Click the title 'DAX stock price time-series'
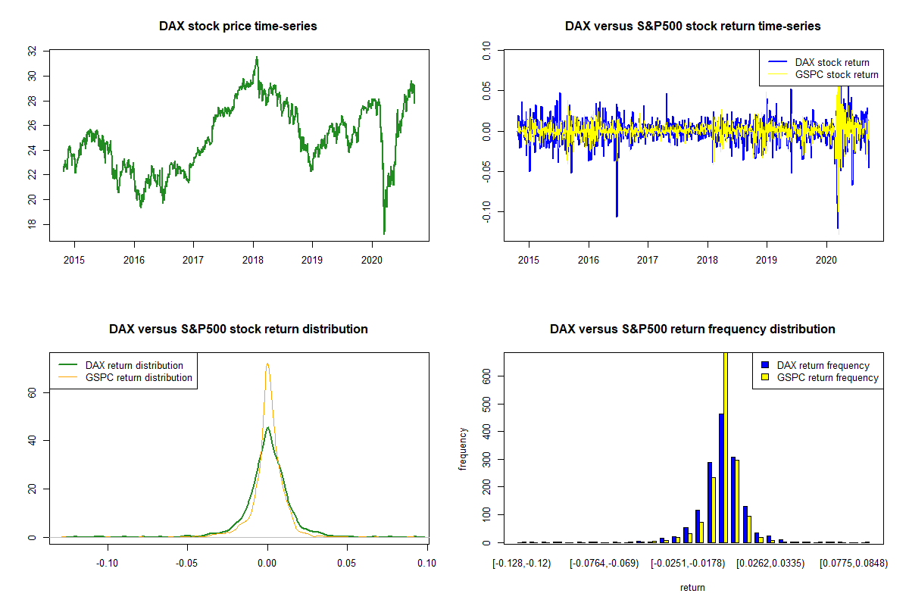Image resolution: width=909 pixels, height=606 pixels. point(238,26)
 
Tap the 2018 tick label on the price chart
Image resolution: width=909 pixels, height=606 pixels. point(253,260)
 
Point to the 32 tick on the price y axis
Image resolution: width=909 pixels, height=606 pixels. point(32,52)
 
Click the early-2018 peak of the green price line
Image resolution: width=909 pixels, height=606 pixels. point(257,57)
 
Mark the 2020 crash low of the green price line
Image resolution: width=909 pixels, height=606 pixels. point(384,233)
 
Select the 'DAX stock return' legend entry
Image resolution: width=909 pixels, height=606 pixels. point(819,62)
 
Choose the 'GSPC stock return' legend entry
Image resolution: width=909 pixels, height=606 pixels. point(823,75)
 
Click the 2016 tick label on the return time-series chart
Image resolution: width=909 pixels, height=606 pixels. point(589,260)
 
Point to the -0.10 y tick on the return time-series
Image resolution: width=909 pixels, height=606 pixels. point(486,211)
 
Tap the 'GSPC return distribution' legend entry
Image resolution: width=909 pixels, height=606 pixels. point(126,377)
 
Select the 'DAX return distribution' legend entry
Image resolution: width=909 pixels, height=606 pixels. point(121,365)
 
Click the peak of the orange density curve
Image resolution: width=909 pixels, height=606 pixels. point(267,364)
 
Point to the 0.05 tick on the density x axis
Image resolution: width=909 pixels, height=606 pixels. point(347,563)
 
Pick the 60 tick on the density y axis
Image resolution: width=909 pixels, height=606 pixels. point(32,392)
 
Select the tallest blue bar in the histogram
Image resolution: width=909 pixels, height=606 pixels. point(721,478)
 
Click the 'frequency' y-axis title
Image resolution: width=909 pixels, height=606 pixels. point(463,449)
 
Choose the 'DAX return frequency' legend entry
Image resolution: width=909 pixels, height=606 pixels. point(816,365)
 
